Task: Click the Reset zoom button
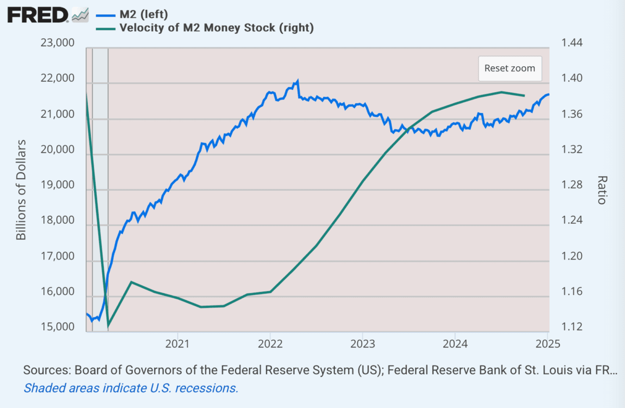[510, 68]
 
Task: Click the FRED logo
[37, 15]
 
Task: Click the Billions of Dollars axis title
[21, 190]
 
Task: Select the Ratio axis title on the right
[602, 190]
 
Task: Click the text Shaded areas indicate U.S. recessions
[131, 388]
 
